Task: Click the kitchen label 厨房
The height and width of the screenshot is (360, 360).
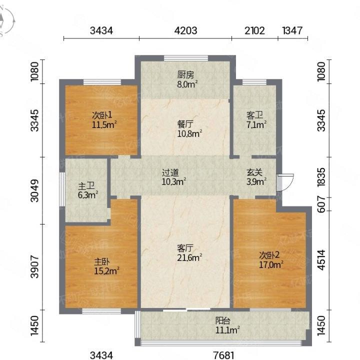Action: [185, 75]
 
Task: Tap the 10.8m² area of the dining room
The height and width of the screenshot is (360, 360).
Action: [189, 133]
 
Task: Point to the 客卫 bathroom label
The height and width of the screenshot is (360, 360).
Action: [254, 115]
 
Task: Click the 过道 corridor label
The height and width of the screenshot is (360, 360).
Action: [170, 172]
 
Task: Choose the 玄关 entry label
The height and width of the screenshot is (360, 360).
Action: [254, 172]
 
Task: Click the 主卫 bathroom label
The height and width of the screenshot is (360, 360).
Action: [86, 186]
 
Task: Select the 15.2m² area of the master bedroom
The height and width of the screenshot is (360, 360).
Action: [107, 271]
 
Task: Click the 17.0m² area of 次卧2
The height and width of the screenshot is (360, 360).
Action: [271, 264]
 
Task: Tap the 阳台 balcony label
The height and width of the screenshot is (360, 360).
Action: [222, 320]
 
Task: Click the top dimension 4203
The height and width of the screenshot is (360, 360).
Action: [185, 30]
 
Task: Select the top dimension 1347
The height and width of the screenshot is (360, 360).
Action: [292, 30]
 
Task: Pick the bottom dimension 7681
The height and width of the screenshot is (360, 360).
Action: [223, 355]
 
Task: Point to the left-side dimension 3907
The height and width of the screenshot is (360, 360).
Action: [34, 267]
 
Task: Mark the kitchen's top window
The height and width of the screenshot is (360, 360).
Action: [186, 58]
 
